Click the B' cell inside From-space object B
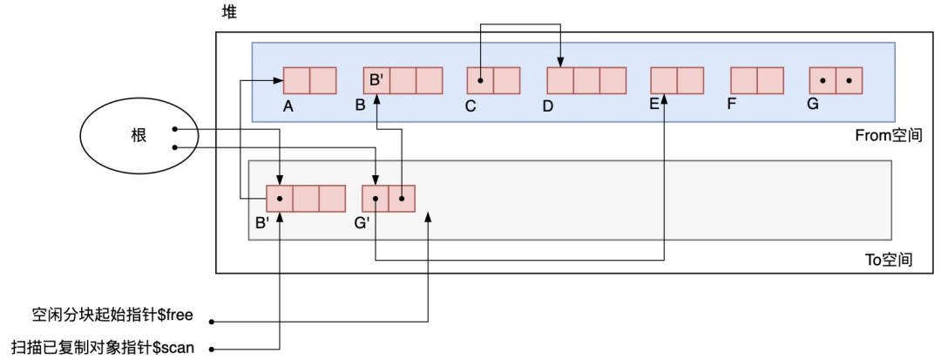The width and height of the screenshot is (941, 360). (376, 81)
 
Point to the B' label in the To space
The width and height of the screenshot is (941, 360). (262, 223)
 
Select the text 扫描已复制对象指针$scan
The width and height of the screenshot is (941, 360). (102, 348)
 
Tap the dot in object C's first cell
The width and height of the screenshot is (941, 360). (480, 81)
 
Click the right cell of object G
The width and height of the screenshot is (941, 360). (850, 81)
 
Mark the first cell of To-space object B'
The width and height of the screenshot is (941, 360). (280, 199)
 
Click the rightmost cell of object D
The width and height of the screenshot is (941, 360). (613, 81)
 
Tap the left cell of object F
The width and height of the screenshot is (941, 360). (744, 81)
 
